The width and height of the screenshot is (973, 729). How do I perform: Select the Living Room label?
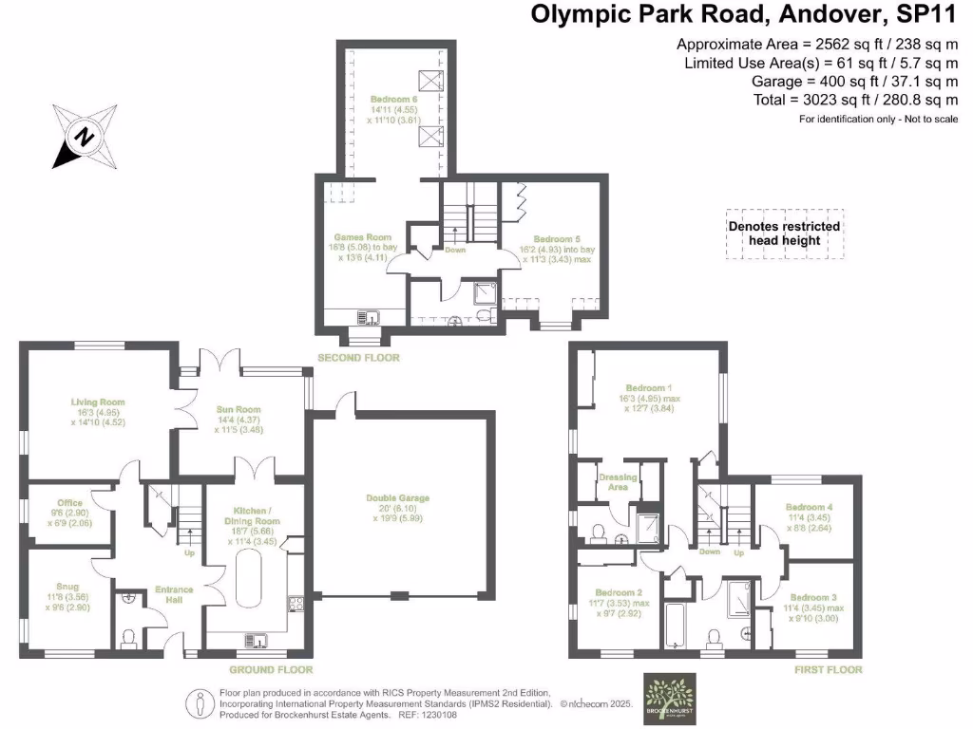tap(97, 402)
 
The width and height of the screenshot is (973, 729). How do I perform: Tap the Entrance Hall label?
tap(174, 590)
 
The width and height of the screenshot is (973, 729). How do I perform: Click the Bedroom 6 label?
tap(393, 98)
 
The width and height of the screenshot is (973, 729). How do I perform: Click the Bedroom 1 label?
tap(646, 387)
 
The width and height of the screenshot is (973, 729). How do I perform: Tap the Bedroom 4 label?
tap(809, 508)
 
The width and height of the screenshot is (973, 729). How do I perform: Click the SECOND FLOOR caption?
tap(359, 358)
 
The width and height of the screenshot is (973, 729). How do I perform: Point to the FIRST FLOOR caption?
tap(828, 669)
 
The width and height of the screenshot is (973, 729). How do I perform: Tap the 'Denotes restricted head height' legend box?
tap(784, 234)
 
